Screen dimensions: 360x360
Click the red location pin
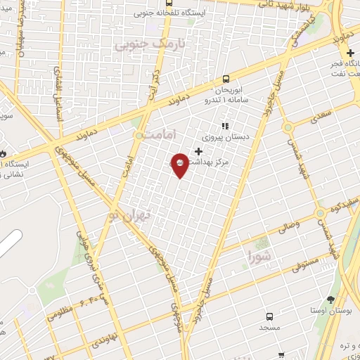[x=180, y=164]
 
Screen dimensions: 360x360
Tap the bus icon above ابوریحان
[x=226, y=79]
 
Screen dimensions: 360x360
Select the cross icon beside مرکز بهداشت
[x=199, y=151]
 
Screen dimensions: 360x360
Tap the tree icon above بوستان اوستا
[x=330, y=299]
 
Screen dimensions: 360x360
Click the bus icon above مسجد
[x=270, y=317]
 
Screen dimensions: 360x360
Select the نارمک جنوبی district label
[x=139, y=46]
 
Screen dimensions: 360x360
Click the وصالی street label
[x=289, y=226]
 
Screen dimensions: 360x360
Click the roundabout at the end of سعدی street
[x=287, y=127]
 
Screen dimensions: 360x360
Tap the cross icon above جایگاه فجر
[x=350, y=53]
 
